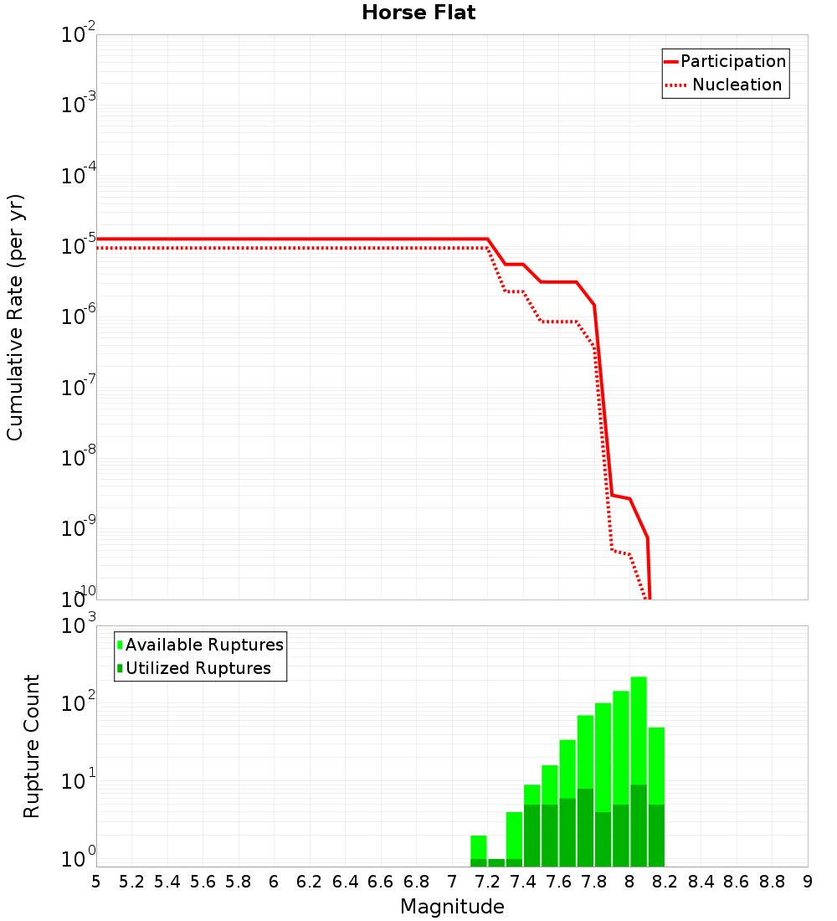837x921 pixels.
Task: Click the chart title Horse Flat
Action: (418, 13)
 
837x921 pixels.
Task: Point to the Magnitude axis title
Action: (452, 907)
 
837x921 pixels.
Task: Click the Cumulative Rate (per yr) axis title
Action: (15, 316)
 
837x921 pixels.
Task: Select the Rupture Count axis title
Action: (32, 745)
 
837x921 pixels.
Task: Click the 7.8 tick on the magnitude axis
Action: (594, 882)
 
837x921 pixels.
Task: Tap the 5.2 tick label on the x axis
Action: (131, 882)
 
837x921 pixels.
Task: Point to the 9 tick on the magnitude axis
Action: (808, 882)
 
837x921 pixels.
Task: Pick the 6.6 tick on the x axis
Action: (381, 882)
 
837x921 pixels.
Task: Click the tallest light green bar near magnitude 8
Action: (639, 728)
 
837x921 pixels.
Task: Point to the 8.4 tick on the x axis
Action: (701, 882)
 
